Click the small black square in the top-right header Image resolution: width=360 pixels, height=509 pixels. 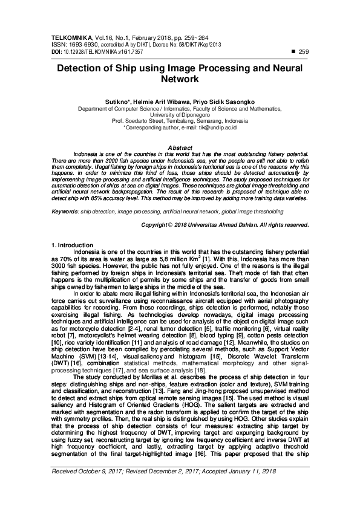coord(293,53)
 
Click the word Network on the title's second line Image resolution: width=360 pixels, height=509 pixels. coord(180,79)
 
